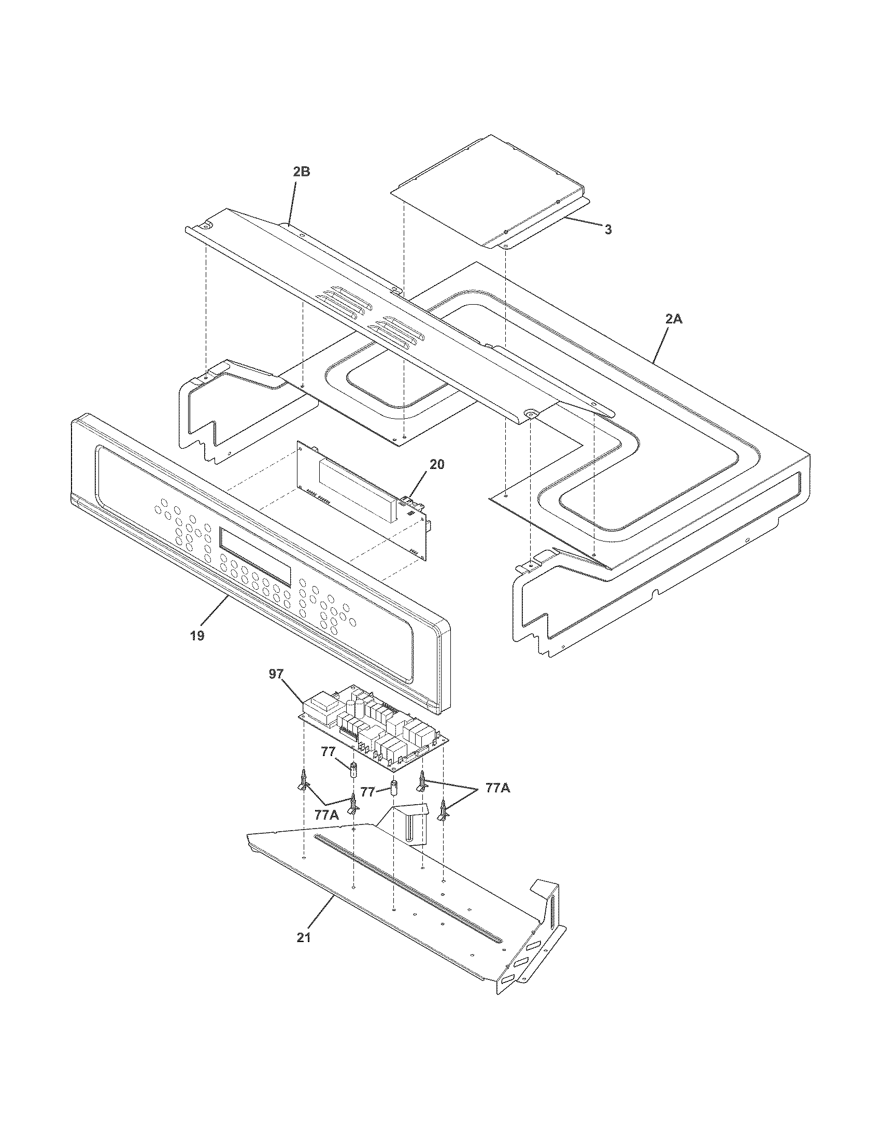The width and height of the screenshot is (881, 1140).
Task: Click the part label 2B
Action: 301,172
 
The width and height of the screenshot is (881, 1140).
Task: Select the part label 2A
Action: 673,319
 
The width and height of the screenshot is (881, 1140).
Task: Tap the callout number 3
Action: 608,230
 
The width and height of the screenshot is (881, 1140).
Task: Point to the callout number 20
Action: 437,464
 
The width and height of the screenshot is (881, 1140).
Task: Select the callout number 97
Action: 276,674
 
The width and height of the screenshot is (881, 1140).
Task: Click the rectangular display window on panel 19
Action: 255,557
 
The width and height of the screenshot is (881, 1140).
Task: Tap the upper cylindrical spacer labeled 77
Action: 354,769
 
